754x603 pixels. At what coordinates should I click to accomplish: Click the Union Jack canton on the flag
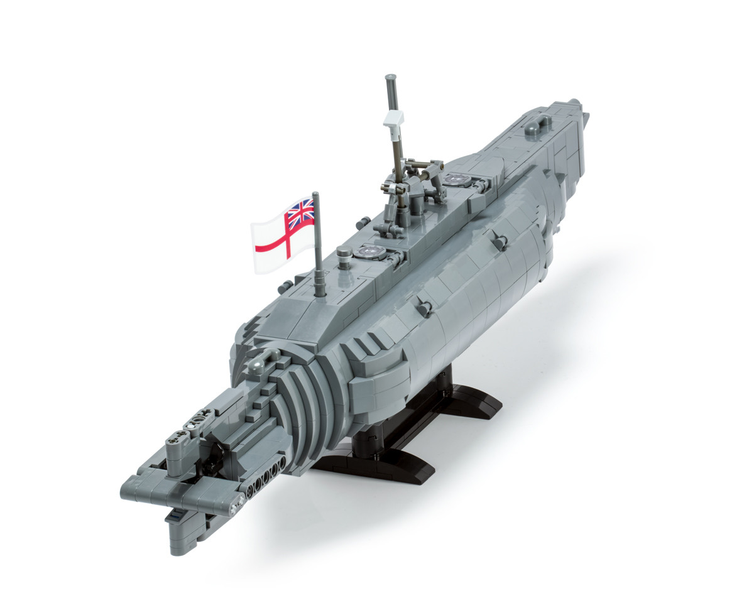pyautogui.click(x=300, y=212)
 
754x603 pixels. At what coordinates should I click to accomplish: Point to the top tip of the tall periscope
pyautogui.click(x=390, y=79)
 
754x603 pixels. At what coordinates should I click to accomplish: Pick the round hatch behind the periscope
pyautogui.click(x=455, y=180)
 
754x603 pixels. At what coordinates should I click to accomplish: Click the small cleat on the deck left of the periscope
pyautogui.click(x=362, y=223)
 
